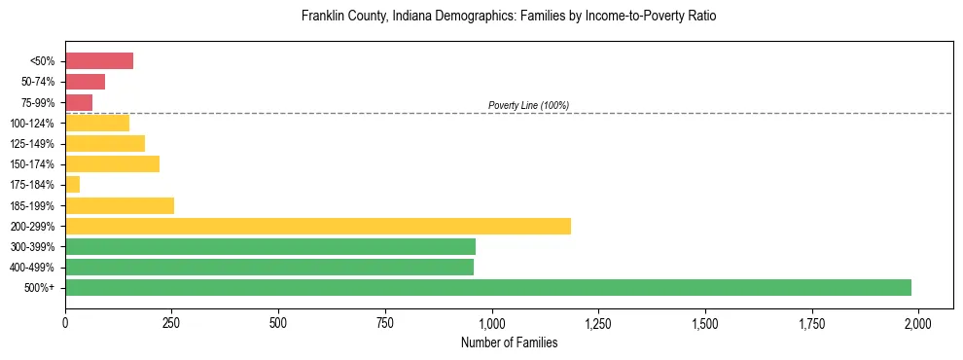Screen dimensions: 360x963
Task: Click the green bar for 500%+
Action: click(x=487, y=287)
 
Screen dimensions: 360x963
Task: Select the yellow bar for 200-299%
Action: click(x=317, y=226)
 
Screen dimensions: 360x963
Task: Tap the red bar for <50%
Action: click(x=98, y=61)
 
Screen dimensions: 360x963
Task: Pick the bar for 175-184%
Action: click(x=72, y=185)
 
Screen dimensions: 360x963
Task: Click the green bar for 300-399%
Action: click(x=269, y=246)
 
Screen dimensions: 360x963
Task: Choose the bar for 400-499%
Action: click(x=268, y=267)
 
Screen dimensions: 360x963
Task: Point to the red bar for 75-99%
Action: click(x=79, y=102)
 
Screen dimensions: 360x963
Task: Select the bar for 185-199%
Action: click(x=119, y=205)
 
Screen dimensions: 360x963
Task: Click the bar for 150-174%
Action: click(x=112, y=163)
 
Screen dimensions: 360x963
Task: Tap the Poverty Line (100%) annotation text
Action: click(x=528, y=105)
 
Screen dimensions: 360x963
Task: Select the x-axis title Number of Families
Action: click(x=509, y=342)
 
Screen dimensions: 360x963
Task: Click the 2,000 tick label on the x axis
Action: click(x=917, y=323)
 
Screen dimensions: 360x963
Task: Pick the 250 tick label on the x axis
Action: click(x=171, y=323)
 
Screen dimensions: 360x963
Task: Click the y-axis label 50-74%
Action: click(x=39, y=82)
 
